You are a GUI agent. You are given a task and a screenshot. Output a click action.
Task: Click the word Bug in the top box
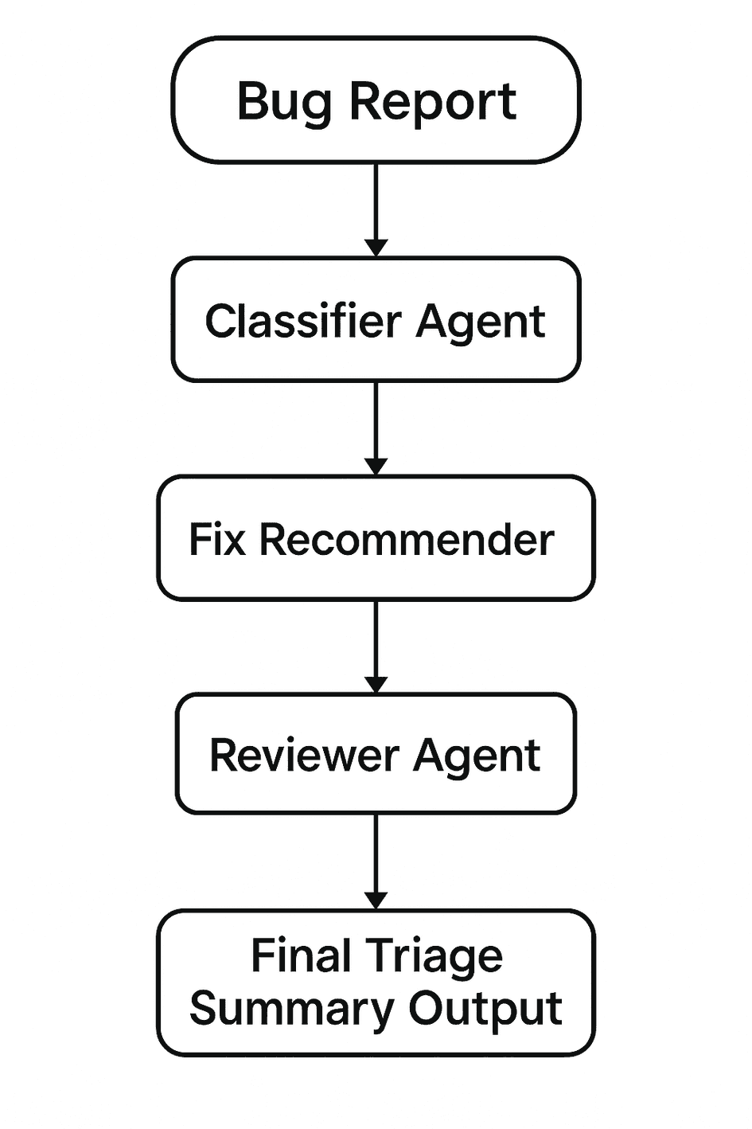point(284,102)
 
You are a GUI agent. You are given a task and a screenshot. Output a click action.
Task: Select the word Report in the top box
point(434,102)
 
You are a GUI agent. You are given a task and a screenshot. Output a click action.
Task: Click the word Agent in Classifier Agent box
point(481,322)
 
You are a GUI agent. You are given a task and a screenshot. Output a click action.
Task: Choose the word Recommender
point(407,540)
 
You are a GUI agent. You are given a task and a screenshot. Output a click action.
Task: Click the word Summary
point(292,1010)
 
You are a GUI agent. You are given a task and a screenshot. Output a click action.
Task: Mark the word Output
point(485,1010)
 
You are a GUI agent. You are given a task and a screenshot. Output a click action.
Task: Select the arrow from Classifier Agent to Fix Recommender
point(376,422)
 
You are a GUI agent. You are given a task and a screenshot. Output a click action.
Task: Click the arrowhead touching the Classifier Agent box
point(376,248)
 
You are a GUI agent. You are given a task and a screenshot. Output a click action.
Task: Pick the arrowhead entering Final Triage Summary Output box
point(376,900)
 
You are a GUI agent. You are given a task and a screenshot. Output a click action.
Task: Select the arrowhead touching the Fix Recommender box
point(376,467)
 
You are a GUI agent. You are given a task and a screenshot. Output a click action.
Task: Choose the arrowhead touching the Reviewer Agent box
point(376,685)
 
